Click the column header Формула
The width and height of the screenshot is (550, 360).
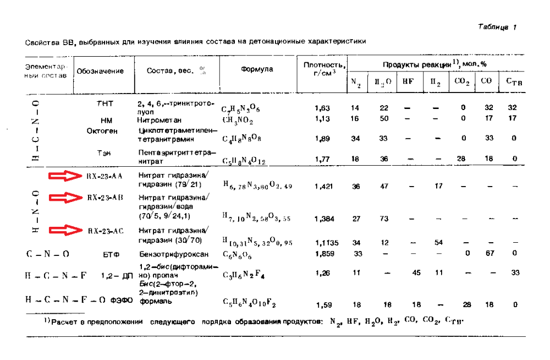(x=257, y=70)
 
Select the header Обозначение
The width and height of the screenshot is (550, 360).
(x=100, y=71)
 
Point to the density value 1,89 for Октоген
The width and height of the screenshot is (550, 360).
(x=323, y=139)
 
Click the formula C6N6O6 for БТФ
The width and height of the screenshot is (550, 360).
(x=238, y=255)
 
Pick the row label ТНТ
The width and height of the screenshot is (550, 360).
(x=105, y=104)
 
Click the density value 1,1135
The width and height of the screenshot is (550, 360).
(x=326, y=242)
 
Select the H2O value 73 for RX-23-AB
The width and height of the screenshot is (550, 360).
(x=384, y=219)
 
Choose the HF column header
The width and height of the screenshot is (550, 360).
(x=408, y=81)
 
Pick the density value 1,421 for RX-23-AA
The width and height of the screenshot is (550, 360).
(x=323, y=187)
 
